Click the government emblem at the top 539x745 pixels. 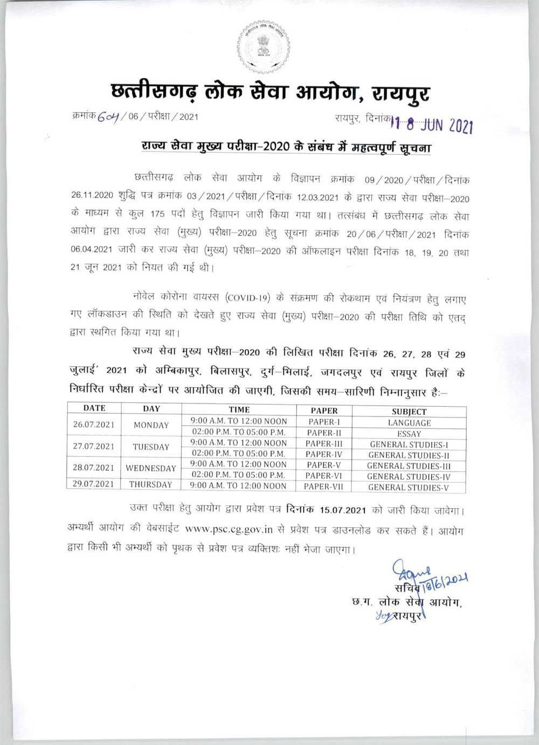[x=263, y=46]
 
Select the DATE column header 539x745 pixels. [x=94, y=408]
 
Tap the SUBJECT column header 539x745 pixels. [x=409, y=411]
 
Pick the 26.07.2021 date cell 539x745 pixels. [x=94, y=425]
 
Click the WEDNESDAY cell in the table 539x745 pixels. [x=151, y=468]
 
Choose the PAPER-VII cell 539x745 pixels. [x=323, y=487]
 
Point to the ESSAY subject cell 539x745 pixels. [x=409, y=434]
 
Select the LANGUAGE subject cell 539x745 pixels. [x=409, y=423]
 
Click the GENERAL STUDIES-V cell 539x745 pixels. [x=409, y=488]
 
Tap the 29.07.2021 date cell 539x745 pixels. [x=94, y=484]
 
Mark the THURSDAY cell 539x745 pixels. [x=151, y=484]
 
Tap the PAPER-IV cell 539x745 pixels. [x=323, y=454]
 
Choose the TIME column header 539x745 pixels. [x=239, y=409]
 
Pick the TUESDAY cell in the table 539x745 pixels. [x=151, y=447]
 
